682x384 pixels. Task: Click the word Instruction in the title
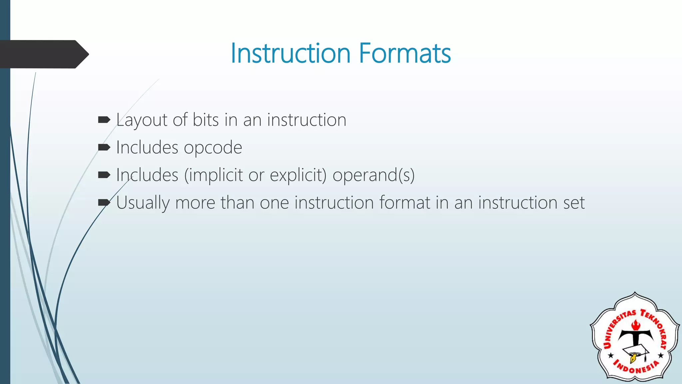coord(290,53)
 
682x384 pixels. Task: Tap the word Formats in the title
coord(405,53)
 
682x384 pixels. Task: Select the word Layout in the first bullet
coord(141,120)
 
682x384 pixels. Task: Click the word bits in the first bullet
coord(205,120)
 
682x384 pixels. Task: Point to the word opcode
coord(213,148)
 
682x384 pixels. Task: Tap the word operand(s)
coord(373,175)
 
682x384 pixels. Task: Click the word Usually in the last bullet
coord(143,203)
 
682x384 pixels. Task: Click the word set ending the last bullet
coord(574,203)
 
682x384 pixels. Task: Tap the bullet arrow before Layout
coord(104,120)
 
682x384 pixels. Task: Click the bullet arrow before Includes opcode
coord(104,147)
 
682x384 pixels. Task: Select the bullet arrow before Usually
coord(104,202)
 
